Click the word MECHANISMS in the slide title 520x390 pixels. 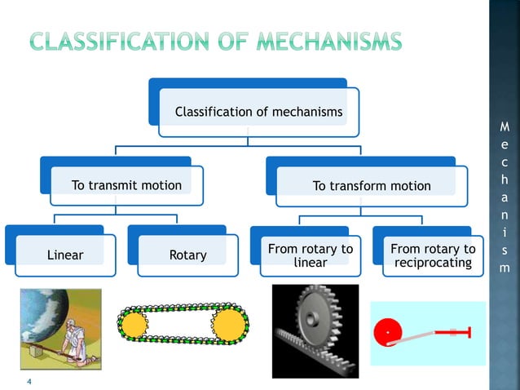329,40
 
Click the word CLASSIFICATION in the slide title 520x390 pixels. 112,40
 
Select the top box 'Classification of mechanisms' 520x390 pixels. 258,111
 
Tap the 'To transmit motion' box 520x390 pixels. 126,185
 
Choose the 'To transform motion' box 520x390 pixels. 372,186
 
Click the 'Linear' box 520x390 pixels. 65,255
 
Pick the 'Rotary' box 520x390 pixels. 187,255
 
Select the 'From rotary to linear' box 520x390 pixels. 310,255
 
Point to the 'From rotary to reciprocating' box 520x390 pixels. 432,255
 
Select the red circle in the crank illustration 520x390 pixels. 389,333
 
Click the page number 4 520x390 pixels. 29,381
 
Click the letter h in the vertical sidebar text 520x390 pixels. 505,179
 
